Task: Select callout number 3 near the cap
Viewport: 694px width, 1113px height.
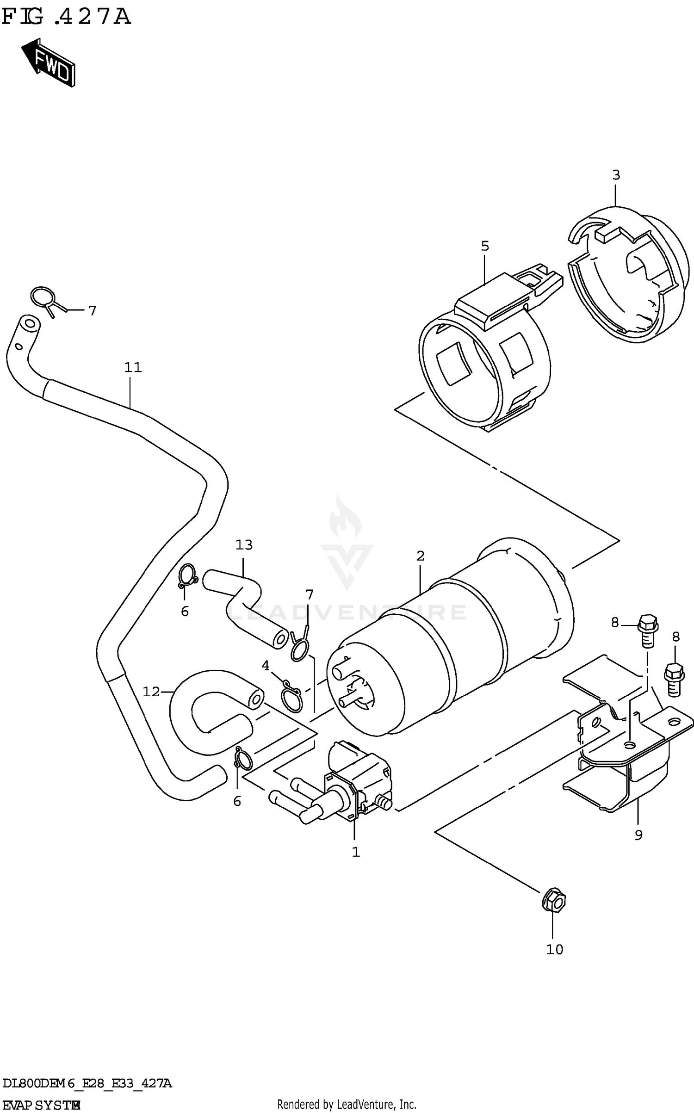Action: coord(616,175)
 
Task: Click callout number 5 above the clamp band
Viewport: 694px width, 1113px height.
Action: coord(484,246)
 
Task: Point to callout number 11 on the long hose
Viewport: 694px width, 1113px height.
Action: coord(132,368)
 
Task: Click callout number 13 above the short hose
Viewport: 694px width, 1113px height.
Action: coord(244,545)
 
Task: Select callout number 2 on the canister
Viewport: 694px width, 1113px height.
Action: coord(420,556)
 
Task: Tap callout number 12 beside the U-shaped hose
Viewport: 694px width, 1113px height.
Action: coord(151,692)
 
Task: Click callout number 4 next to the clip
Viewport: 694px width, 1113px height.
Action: coord(265,666)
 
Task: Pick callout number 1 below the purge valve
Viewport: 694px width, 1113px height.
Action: coord(355,852)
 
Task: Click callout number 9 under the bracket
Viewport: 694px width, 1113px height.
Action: coord(638,835)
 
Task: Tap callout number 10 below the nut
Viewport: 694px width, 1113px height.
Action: coord(554,950)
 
